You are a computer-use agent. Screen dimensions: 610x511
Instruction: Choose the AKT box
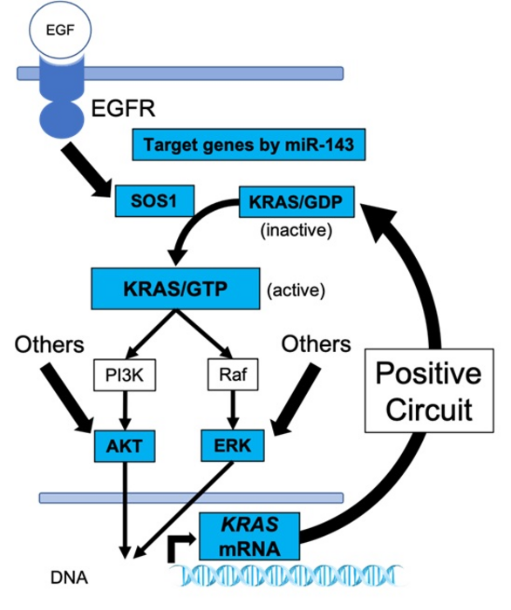point(125,447)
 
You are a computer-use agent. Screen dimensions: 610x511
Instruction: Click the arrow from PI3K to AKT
point(126,410)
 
